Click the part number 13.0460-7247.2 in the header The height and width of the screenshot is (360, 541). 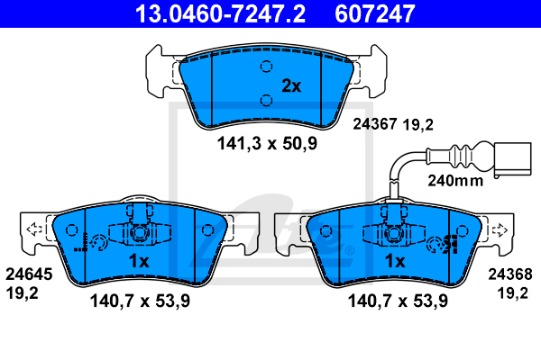tap(220, 13)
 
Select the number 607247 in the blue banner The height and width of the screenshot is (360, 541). tap(375, 13)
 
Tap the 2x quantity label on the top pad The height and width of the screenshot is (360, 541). tap(291, 85)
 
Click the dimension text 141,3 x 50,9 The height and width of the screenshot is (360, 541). tap(267, 143)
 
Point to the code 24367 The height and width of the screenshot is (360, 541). tap(375, 124)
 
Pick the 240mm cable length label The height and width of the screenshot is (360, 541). tap(455, 181)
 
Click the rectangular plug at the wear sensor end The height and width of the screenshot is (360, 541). tap(513, 158)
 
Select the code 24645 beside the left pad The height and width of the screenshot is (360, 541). tap(29, 274)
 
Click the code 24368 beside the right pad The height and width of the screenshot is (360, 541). tap(510, 274)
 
